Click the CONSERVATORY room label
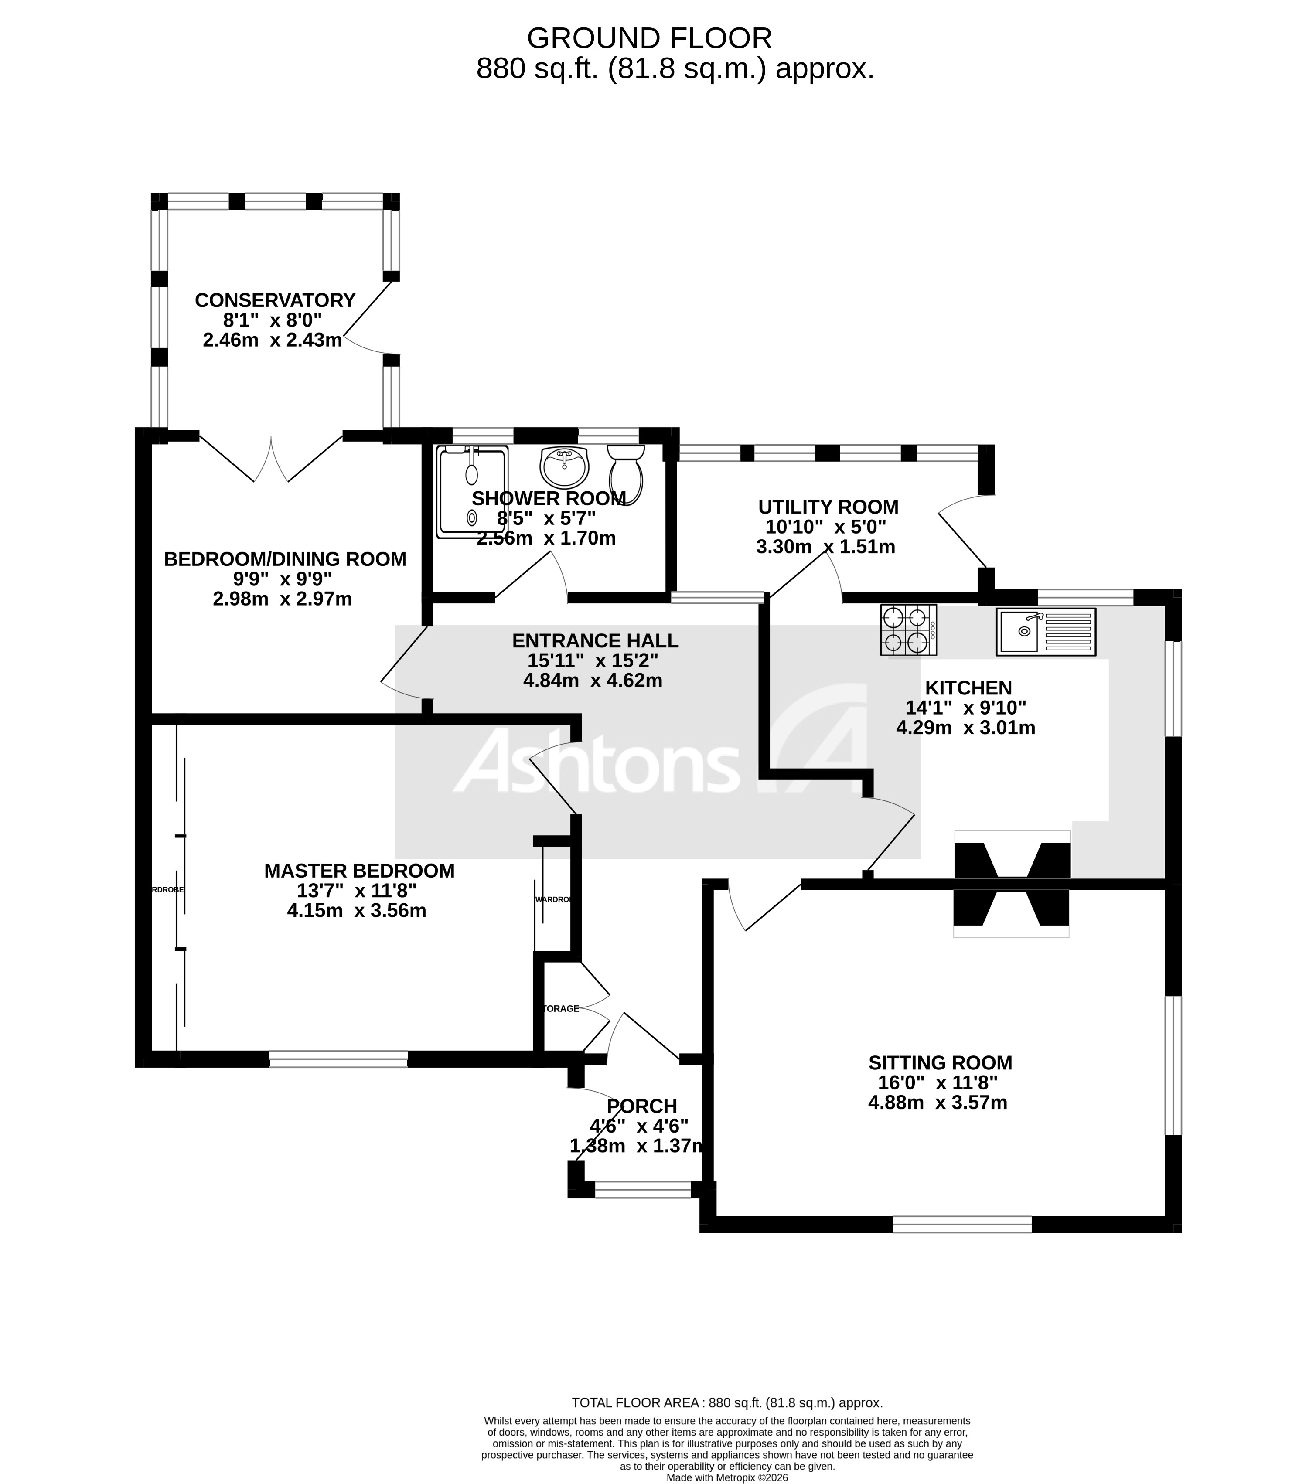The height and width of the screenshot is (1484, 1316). click(x=275, y=300)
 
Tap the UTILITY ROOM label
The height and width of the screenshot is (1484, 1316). click(x=828, y=507)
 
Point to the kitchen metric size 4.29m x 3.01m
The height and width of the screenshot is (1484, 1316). click(x=965, y=728)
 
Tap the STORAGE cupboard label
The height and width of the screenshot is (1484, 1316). click(x=561, y=1008)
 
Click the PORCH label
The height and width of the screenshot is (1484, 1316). click(x=641, y=1106)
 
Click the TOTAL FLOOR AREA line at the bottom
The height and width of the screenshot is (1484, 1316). click(x=727, y=1402)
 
